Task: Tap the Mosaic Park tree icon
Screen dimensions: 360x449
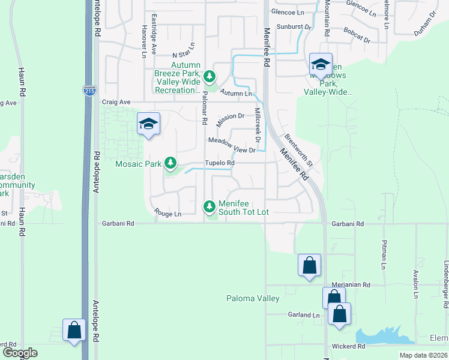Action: point(170,163)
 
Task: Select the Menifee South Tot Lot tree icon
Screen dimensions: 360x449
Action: point(209,206)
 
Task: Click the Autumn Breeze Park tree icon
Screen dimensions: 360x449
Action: point(209,76)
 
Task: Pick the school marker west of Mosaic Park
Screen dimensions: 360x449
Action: point(148,124)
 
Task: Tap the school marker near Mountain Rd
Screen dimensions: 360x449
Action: point(321,64)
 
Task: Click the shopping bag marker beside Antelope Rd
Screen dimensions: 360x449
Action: point(74,330)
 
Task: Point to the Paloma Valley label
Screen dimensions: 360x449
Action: point(253,298)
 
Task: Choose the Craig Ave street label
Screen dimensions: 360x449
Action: point(116,102)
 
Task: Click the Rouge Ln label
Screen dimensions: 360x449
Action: point(167,214)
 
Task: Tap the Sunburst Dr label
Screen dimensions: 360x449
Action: point(294,27)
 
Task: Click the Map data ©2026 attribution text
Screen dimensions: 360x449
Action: point(424,355)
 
